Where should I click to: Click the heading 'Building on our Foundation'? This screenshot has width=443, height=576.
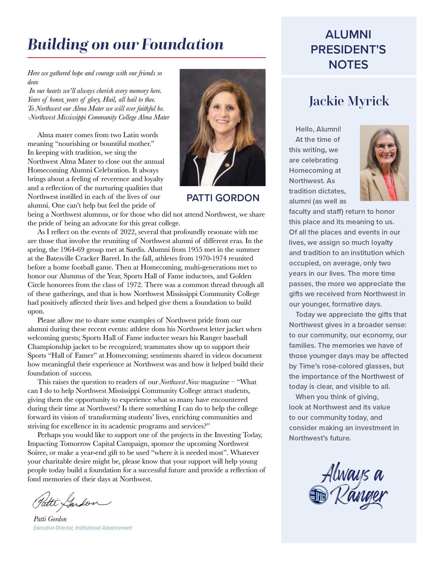(x=126, y=44)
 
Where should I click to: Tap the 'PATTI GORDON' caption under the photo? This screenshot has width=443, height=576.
(x=223, y=198)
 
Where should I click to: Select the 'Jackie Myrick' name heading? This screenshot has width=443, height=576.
(x=349, y=101)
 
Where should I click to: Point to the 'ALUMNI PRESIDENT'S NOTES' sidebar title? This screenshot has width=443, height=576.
(x=348, y=49)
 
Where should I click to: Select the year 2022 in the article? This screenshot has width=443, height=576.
(x=128, y=232)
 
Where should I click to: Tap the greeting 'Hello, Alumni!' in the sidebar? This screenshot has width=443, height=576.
(x=318, y=129)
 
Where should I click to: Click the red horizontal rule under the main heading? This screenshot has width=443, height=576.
(x=146, y=57)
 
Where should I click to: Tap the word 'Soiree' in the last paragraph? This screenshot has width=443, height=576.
(x=36, y=453)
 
